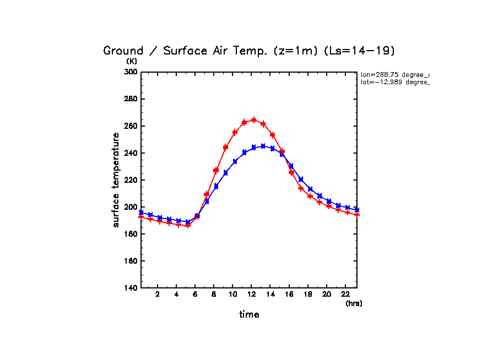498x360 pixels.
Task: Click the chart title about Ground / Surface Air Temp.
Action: [x=249, y=51]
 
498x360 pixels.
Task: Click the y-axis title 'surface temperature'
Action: [x=116, y=179]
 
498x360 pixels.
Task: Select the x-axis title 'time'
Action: [x=249, y=315]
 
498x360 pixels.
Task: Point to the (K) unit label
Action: [x=132, y=62]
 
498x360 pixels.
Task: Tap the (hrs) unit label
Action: [x=354, y=303]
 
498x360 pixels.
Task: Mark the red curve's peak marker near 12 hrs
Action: [x=253, y=119]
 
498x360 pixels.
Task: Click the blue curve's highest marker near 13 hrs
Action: [x=263, y=146]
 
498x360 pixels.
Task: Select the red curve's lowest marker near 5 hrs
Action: [x=188, y=226]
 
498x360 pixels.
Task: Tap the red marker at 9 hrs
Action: [x=225, y=148]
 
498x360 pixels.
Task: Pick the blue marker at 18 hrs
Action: [x=310, y=189]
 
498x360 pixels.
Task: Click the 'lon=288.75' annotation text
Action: [x=394, y=74]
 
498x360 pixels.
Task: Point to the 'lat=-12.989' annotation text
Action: [x=394, y=82]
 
